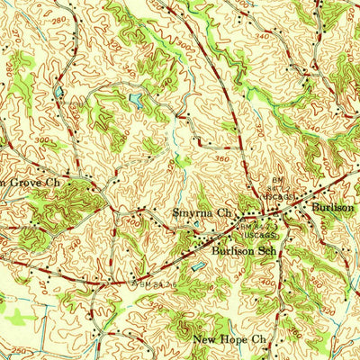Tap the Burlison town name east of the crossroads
point(332,207)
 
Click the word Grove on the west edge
point(20,180)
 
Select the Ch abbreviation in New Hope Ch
point(260,340)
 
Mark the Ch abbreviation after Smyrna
point(223,213)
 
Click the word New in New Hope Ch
point(205,340)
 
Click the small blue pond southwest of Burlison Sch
point(196,267)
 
